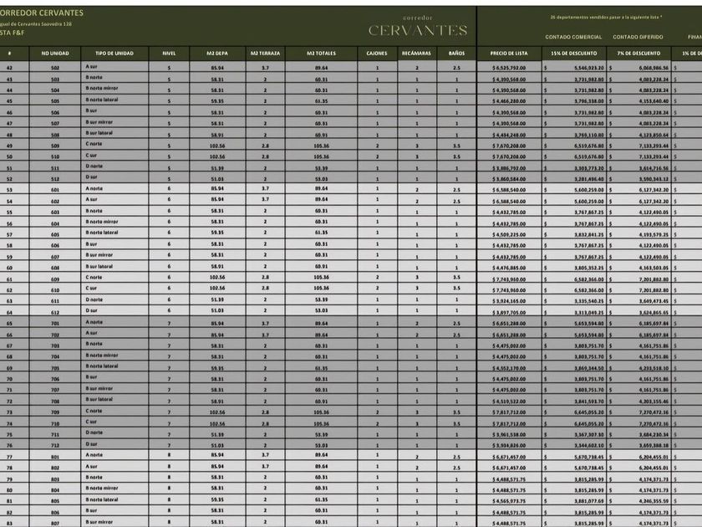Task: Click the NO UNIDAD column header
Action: pyautogui.click(x=55, y=53)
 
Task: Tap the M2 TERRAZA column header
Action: pyautogui.click(x=265, y=53)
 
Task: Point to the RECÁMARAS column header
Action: pyautogui.click(x=416, y=53)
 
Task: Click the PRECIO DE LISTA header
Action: pyautogui.click(x=508, y=53)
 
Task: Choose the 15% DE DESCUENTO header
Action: pyautogui.click(x=572, y=53)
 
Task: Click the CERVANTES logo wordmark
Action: pyautogui.click(x=418, y=31)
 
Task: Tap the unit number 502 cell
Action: pyautogui.click(x=55, y=67)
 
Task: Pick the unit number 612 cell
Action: pyautogui.click(x=55, y=311)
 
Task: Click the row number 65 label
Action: pyautogui.click(x=9, y=322)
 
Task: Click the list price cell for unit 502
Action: pyautogui.click(x=508, y=67)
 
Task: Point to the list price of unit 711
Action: pyautogui.click(x=508, y=433)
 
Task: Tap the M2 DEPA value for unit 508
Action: pyautogui.click(x=217, y=134)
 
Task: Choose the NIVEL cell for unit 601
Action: pyautogui.click(x=168, y=189)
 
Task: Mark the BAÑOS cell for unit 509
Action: pyautogui.click(x=456, y=145)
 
